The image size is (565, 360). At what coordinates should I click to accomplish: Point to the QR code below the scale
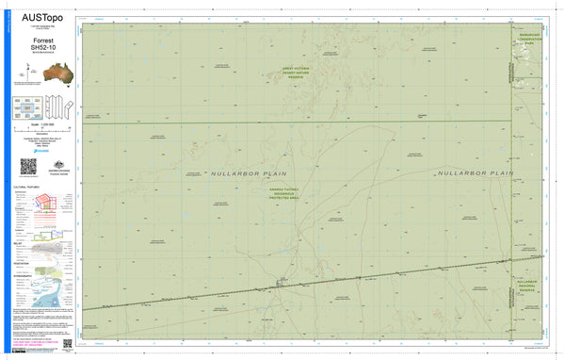tap(27, 167)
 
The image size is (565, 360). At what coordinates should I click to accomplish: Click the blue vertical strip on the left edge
tap(4, 179)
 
